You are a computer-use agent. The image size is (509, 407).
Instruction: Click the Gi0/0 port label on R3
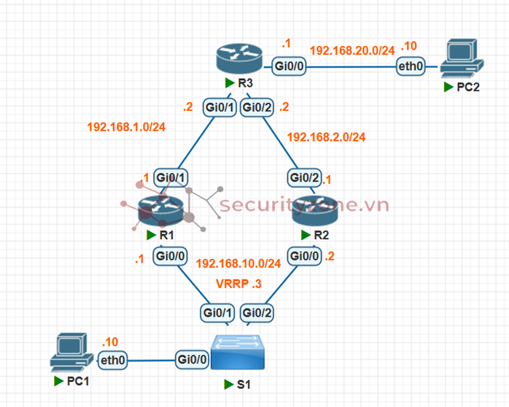click(x=290, y=66)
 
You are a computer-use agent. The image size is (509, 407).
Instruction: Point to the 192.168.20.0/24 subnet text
click(x=352, y=50)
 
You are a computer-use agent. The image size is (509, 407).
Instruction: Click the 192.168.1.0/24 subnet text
click(x=126, y=127)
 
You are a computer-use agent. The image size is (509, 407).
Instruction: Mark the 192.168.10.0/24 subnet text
click(x=238, y=263)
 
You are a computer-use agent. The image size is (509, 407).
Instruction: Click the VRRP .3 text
click(x=238, y=283)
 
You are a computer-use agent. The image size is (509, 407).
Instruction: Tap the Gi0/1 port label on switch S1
click(x=217, y=313)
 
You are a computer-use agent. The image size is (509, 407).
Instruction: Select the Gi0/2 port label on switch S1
click(x=257, y=313)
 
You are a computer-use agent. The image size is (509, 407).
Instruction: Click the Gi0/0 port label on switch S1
click(x=193, y=359)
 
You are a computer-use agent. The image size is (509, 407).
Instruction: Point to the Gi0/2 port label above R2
click(x=305, y=177)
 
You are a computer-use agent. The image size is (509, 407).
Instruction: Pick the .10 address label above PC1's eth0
click(x=109, y=341)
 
